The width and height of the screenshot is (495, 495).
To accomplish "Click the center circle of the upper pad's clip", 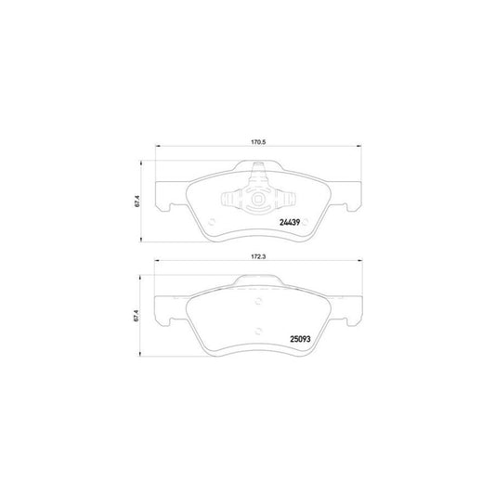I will point(257,199).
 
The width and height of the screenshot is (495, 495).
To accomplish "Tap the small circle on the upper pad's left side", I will point(212,221).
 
